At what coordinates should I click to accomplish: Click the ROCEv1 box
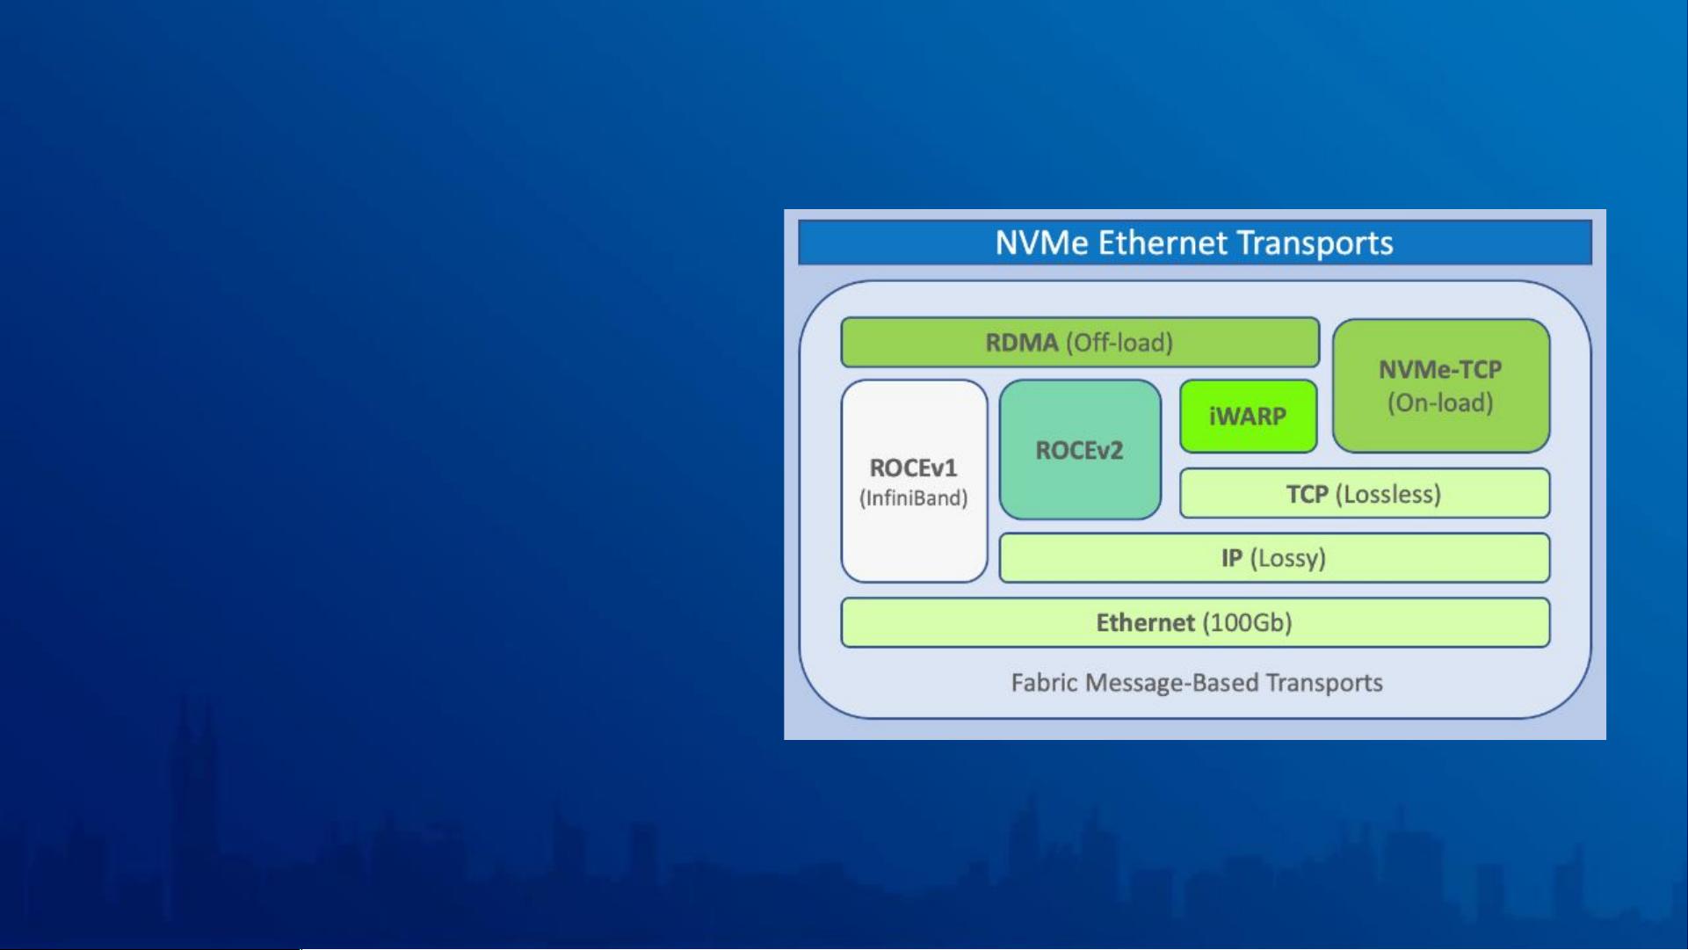click(x=914, y=481)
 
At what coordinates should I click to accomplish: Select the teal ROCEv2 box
click(x=1080, y=449)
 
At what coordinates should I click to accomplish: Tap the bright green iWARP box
click(x=1248, y=417)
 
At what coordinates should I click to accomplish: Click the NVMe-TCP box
click(x=1441, y=386)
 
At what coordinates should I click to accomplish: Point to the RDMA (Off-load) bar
click(x=1080, y=342)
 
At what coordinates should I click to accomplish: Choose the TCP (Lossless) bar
click(x=1365, y=493)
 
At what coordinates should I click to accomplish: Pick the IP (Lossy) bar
click(x=1274, y=557)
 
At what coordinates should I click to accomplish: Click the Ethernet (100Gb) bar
click(x=1195, y=622)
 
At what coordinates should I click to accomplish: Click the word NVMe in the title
click(x=1041, y=243)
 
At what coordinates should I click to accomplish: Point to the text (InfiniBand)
click(x=914, y=498)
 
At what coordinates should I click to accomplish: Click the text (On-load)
click(x=1440, y=402)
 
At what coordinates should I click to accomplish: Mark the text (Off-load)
click(x=1119, y=342)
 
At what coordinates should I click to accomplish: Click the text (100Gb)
click(x=1247, y=622)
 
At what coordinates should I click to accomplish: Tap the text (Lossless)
click(x=1388, y=494)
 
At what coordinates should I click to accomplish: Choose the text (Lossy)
click(x=1287, y=558)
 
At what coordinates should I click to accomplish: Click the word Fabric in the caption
click(x=1045, y=683)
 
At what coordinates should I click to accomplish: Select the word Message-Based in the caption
click(x=1173, y=684)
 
